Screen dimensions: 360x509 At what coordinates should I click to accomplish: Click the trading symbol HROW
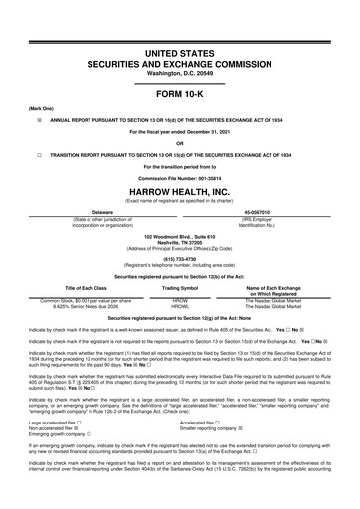click(181, 299)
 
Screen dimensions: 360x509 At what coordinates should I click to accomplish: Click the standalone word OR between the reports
click(179, 142)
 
